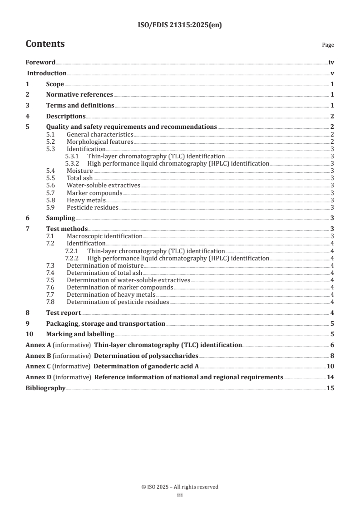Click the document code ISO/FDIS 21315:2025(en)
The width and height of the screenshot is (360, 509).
tap(180, 25)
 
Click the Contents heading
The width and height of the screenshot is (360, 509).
tap(45, 44)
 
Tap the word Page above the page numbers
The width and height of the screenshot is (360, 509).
tap(328, 45)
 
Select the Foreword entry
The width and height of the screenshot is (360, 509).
tap(40, 63)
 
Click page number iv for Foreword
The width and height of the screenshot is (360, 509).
tap(331, 63)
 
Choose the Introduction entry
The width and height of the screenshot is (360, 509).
tap(47, 73)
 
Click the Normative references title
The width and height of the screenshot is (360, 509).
tap(79, 94)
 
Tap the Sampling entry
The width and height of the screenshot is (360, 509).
tap(60, 218)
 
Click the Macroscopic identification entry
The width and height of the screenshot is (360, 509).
tap(104, 236)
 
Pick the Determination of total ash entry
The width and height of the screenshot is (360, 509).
tap(104, 273)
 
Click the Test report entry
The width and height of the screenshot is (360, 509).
tap(64, 313)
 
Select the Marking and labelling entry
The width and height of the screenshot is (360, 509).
tap(80, 334)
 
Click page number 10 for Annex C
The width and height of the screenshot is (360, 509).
tap(330, 366)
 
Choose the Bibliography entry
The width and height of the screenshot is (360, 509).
tap(45, 388)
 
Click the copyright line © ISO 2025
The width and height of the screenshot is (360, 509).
tap(180, 487)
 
